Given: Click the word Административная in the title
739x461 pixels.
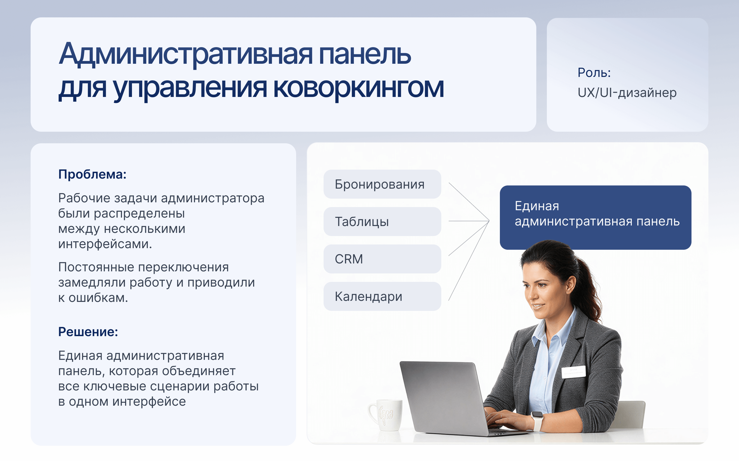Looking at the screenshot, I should (x=186, y=54).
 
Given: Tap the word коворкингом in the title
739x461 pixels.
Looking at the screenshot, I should (x=358, y=88).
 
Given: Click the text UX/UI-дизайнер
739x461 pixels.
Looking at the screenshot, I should (x=627, y=92).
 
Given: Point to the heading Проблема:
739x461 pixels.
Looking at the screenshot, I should (x=92, y=174).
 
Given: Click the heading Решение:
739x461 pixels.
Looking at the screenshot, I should (x=88, y=332).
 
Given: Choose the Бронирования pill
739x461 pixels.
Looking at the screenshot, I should (x=382, y=184).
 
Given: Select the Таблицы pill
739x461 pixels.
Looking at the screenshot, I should (x=382, y=222).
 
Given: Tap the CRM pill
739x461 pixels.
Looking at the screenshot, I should (x=382, y=259).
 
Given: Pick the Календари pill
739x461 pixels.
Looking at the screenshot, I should (x=382, y=296).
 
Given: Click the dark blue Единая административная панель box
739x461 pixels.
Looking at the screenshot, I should (x=595, y=217).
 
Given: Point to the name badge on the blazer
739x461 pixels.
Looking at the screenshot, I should (x=574, y=372).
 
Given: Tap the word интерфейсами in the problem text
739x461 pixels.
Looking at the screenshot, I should (x=105, y=244).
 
